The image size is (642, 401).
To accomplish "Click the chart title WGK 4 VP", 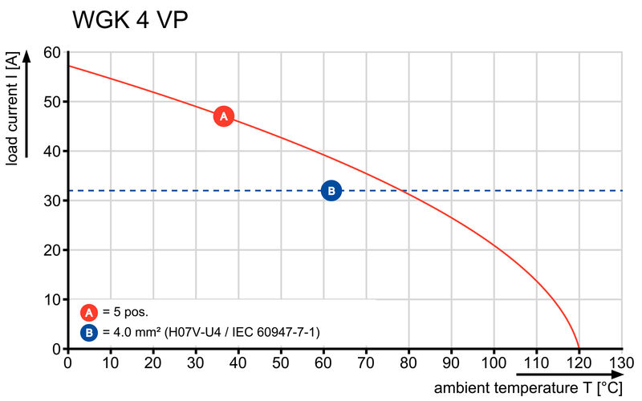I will pos(130,20).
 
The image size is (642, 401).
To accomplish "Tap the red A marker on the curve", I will pos(224,116).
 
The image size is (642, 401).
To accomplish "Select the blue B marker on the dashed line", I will pos(331,190).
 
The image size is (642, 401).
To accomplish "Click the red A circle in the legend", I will pos(89,312).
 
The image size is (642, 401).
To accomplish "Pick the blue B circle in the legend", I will pos(89,331).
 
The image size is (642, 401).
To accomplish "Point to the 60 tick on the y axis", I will pos(51,53).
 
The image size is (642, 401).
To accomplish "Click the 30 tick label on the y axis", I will pos(51,200).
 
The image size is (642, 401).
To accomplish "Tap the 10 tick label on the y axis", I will pos(51,299).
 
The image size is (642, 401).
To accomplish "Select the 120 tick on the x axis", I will pos(579,363).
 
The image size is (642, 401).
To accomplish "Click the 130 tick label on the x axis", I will pos(621,363).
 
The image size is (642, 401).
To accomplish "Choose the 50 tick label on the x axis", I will pos(281,363).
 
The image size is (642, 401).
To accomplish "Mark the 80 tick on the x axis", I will pos(408,363).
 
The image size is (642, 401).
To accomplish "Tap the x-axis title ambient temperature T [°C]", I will pos(528,388).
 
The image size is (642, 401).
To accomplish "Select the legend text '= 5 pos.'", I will pos(125,312).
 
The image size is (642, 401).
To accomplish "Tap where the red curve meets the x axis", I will pos(579,348).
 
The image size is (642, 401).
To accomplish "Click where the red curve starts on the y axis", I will pos(68,66).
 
